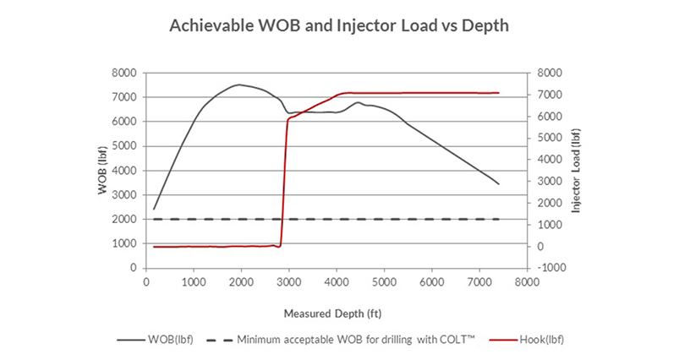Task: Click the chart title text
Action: click(339, 25)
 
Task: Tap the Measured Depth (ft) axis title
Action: click(338, 314)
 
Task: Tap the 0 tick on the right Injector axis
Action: click(539, 247)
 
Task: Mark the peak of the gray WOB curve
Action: click(240, 85)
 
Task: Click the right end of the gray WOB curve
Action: click(499, 183)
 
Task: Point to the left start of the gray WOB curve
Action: click(154, 208)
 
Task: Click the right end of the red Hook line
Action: click(499, 93)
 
